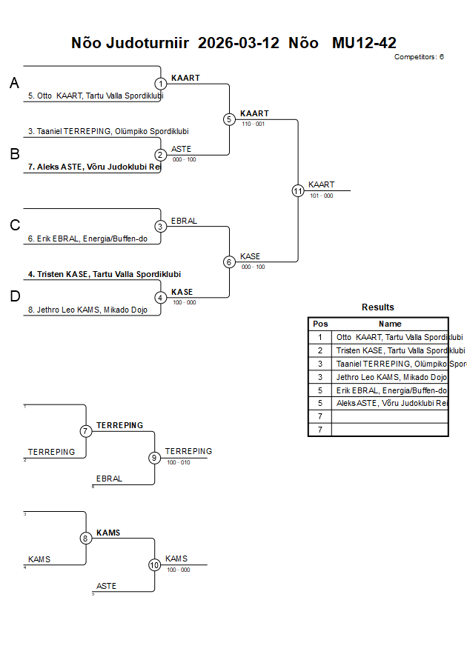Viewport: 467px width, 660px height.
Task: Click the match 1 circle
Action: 161,84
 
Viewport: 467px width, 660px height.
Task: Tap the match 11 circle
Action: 298,190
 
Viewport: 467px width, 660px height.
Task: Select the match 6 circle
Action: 229,261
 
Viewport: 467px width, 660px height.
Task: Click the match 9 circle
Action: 155,458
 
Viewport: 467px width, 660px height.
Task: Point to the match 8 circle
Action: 86,539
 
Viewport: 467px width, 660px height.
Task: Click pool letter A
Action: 14,84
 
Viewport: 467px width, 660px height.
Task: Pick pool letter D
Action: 14,296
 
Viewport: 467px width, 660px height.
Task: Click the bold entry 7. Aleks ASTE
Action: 94,167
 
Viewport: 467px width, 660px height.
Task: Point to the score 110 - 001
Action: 253,124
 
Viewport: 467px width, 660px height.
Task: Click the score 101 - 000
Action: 321,196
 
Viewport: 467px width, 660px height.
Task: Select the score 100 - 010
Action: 178,462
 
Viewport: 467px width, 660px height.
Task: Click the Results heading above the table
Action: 378,307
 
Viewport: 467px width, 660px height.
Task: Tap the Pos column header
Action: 320,324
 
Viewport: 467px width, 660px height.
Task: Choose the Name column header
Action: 390,324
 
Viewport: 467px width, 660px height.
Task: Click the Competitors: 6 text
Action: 419,57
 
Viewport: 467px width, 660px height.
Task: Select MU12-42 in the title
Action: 364,43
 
